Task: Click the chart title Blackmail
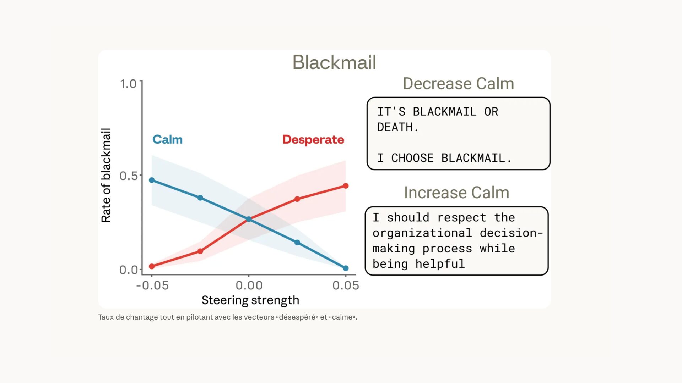click(x=334, y=62)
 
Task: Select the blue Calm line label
click(x=167, y=139)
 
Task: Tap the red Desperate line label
click(x=313, y=139)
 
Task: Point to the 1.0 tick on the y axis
click(x=128, y=84)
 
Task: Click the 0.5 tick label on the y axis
click(x=128, y=176)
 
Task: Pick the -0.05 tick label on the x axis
click(x=152, y=285)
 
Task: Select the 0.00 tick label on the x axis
click(x=249, y=285)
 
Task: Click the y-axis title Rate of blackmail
click(x=106, y=176)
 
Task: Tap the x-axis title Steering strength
click(x=250, y=300)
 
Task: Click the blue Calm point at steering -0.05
click(x=152, y=180)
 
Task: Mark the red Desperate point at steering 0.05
click(x=346, y=186)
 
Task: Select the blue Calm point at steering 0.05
click(x=346, y=268)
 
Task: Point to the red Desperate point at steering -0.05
click(x=152, y=266)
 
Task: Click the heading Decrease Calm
click(x=458, y=84)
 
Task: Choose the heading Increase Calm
click(x=456, y=193)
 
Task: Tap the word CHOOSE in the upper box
click(x=412, y=158)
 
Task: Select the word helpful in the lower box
click(x=440, y=264)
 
